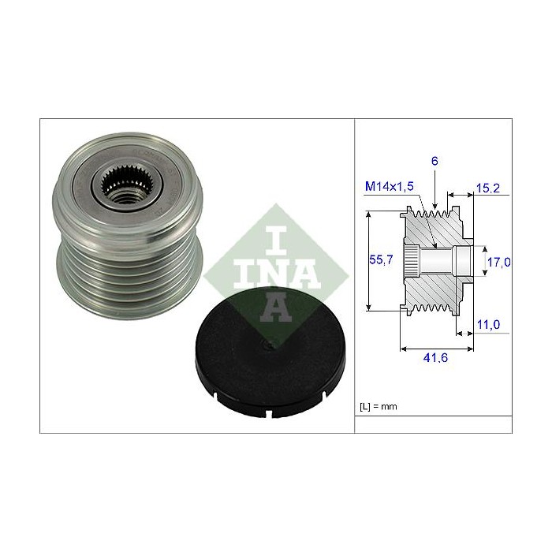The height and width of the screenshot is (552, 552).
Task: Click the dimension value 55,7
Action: tap(381, 259)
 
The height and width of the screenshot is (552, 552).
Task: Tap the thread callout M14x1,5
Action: tap(390, 186)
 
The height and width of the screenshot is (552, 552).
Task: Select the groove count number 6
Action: tap(435, 161)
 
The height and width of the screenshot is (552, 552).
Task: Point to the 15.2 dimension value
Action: tap(488, 188)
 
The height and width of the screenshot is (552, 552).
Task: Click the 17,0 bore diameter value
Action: tap(498, 262)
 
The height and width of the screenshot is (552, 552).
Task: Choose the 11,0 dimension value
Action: tap(488, 324)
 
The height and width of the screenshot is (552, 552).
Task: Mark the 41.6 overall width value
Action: tap(435, 358)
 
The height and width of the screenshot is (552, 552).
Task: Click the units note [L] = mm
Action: tap(379, 407)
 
